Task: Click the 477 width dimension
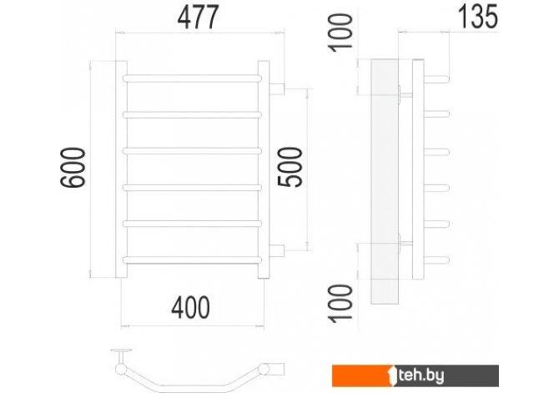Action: [198, 18]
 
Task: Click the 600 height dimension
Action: [73, 167]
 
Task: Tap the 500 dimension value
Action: [290, 167]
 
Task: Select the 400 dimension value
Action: [191, 308]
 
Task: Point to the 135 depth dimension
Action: [478, 17]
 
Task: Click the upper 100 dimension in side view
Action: [340, 33]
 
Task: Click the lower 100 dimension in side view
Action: [340, 304]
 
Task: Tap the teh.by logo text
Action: [421, 375]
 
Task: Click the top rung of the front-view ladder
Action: [192, 78]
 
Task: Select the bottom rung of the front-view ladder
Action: [192, 260]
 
